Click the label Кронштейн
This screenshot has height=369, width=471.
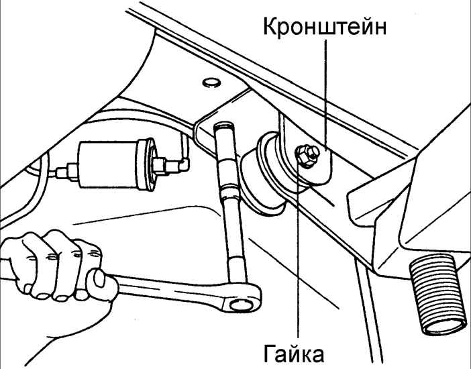(x=325, y=28)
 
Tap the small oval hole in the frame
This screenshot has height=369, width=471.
(x=211, y=82)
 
